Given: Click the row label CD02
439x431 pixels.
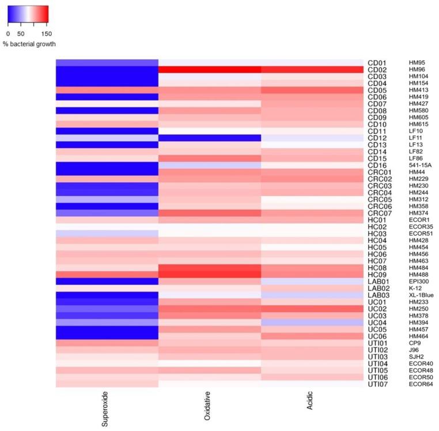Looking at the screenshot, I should pos(377,70).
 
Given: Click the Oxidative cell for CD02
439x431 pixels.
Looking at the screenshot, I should pos(210,70).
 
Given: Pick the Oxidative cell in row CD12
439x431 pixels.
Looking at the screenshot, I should pos(210,138).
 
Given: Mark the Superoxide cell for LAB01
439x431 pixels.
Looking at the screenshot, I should pos(107,281).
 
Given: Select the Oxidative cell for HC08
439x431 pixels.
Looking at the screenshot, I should pos(210,267).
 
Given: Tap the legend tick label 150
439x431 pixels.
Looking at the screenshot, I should pos(46,33).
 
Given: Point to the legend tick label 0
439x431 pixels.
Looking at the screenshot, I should pos(8,33).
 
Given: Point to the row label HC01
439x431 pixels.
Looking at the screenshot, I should pos(377,220).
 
